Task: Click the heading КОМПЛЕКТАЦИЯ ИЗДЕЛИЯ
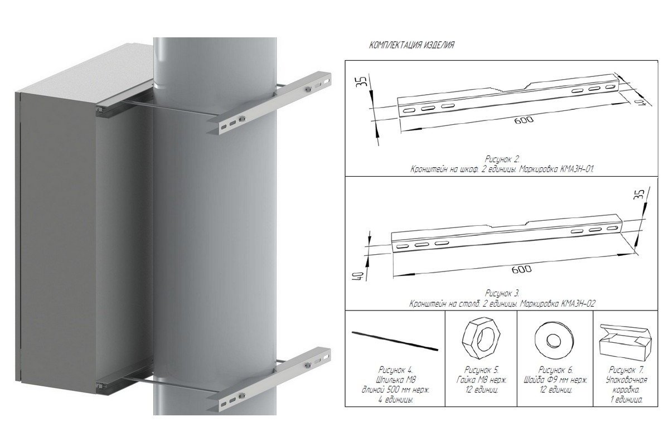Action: click(x=411, y=45)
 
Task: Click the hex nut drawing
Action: click(x=481, y=338)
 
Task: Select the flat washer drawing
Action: click(x=554, y=339)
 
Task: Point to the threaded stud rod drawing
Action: click(x=395, y=341)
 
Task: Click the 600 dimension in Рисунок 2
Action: click(x=523, y=120)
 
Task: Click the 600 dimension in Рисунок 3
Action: click(x=521, y=269)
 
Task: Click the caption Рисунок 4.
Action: click(x=396, y=370)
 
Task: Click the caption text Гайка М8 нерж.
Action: click(x=482, y=380)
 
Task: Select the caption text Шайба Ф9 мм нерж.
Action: click(x=555, y=380)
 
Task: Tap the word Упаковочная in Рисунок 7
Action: click(x=627, y=380)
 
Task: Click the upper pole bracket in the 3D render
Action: click(x=269, y=103)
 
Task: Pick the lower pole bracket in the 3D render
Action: click(x=269, y=379)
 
